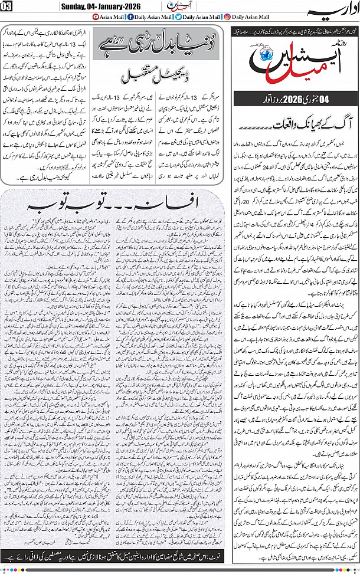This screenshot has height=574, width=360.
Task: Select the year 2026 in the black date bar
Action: pos(294,99)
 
